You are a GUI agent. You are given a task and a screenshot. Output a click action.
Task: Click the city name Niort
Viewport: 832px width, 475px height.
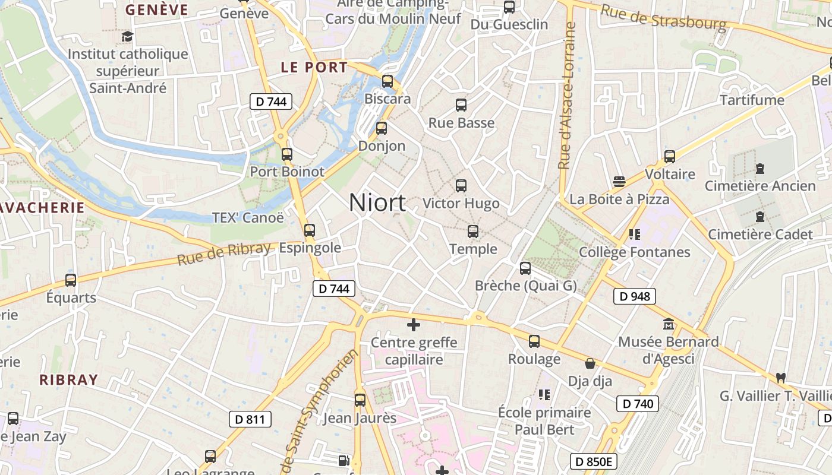pos(377,202)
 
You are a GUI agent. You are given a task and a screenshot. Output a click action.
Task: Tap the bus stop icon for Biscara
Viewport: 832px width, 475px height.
pos(387,81)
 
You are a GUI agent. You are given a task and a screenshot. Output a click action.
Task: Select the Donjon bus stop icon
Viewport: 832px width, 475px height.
pos(382,128)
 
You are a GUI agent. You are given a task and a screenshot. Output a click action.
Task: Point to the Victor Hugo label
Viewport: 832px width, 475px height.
pos(461,204)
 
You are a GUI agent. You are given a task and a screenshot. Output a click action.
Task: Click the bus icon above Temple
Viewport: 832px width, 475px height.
pos(473,231)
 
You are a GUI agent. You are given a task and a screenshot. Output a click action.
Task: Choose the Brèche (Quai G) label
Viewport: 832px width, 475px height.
pos(526,286)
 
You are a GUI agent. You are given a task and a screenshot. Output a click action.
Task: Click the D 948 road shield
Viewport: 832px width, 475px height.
pos(635,296)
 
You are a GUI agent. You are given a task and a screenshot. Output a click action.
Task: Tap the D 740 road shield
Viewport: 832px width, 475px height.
pos(638,404)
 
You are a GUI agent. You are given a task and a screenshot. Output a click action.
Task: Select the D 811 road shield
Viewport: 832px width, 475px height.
pos(250,419)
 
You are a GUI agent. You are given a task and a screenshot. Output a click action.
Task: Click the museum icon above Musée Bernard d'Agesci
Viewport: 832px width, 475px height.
pos(669,325)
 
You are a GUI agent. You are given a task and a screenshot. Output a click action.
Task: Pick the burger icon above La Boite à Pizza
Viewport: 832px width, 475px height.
pos(619,181)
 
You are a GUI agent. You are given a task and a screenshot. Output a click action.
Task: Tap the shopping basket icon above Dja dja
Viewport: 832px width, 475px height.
pos(590,363)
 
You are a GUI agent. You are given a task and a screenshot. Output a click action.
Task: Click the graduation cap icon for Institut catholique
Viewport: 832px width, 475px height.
pos(128,37)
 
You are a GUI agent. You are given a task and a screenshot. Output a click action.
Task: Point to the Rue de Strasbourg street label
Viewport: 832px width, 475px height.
pos(663,17)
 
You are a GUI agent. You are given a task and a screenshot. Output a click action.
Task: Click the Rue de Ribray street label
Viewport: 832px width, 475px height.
pos(224,254)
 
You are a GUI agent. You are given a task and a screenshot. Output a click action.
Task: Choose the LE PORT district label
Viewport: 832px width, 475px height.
pos(314,67)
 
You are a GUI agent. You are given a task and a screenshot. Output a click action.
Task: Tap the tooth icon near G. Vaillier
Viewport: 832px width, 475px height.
pos(781,377)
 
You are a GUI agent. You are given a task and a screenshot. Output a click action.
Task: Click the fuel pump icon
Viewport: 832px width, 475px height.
pos(343,460)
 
